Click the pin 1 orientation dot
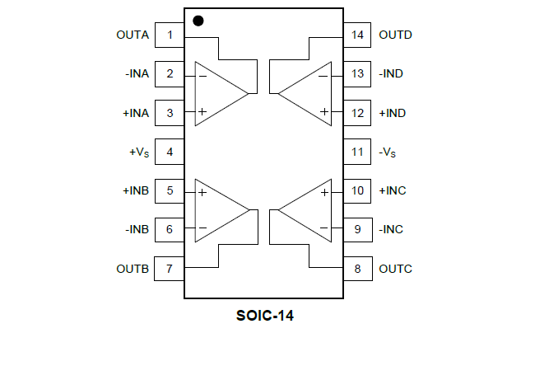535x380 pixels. (x=198, y=21)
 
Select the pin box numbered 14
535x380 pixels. (x=357, y=35)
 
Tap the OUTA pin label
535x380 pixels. (x=133, y=35)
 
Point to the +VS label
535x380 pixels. (x=139, y=152)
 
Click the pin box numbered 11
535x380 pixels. (x=357, y=152)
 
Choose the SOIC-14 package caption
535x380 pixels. (x=265, y=316)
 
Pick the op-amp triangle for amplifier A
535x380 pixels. (x=217, y=94)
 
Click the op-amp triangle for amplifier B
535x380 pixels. (x=217, y=210)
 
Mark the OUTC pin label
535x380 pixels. (x=395, y=269)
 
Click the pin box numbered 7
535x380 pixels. (x=170, y=269)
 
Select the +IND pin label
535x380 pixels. (x=393, y=112)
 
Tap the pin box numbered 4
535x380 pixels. (x=170, y=152)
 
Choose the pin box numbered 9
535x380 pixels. (x=357, y=229)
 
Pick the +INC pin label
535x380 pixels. (x=393, y=190)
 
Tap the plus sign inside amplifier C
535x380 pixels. (x=324, y=192)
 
